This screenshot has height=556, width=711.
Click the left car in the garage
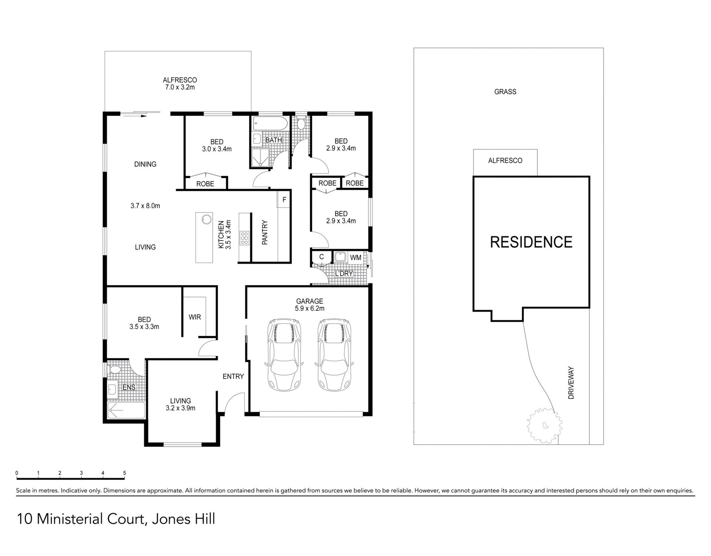tap(284, 355)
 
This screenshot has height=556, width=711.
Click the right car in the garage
tap(334, 355)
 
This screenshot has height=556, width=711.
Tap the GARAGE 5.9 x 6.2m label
tap(310, 305)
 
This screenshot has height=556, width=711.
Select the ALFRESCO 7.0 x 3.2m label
tap(180, 84)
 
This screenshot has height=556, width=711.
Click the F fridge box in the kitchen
tap(284, 200)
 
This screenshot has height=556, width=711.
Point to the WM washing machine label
tap(355, 258)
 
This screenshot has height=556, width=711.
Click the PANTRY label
tap(265, 232)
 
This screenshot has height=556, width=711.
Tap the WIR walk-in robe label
tap(195, 317)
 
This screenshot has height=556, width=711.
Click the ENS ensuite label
tap(129, 387)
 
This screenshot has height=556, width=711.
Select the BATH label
tap(274, 140)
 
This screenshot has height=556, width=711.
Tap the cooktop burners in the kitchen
tap(244, 238)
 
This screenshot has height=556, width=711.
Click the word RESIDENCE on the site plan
tap(531, 242)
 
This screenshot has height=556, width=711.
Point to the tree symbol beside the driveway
tap(544, 425)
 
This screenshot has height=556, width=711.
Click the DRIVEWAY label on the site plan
tap(571, 383)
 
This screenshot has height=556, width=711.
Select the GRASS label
tap(505, 92)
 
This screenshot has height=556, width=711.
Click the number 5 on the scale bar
tap(124, 473)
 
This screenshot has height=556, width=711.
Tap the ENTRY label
tap(233, 377)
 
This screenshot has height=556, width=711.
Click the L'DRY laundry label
tap(344, 274)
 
